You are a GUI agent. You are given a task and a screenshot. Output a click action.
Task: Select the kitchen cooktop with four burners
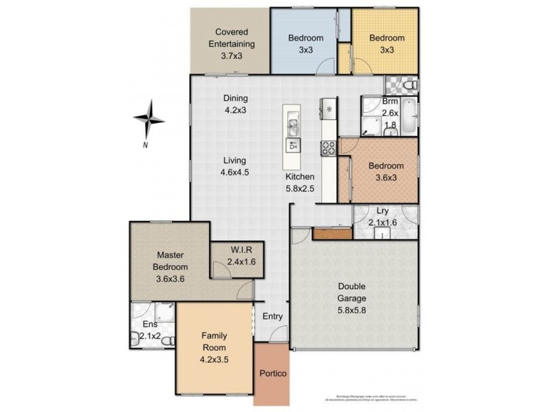[x=328, y=146]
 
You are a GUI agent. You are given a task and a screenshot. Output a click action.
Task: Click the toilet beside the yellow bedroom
[x=408, y=86]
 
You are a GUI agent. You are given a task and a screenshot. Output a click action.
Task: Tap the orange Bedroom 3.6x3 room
[x=385, y=172]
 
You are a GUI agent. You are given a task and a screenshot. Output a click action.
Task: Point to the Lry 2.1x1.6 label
[x=384, y=217]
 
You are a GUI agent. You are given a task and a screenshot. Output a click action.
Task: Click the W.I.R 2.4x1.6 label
[x=232, y=255]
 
